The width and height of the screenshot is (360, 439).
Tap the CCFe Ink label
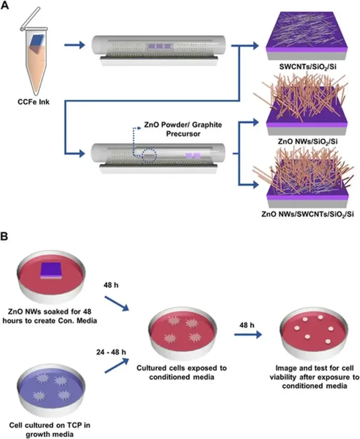(x=35, y=102)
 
